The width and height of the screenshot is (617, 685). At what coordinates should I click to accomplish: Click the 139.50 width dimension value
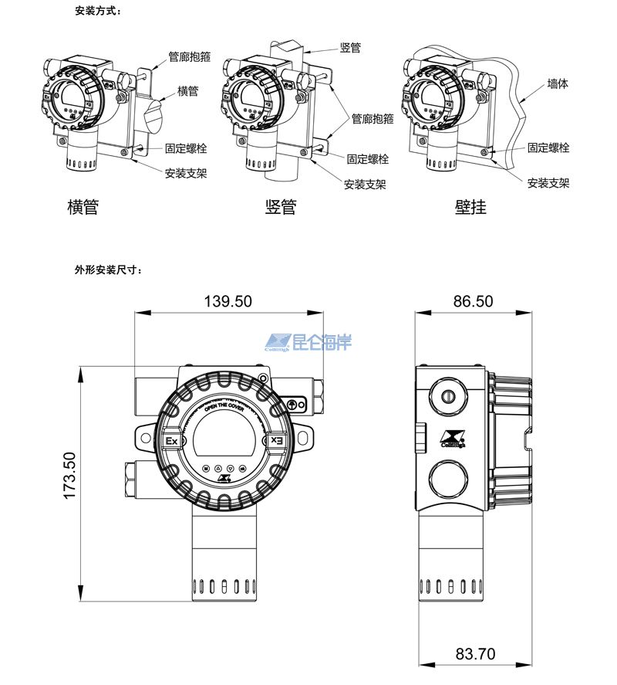228,302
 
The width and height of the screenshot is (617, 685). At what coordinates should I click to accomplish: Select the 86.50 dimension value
473,302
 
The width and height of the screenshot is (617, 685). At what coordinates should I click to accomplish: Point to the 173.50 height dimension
70,476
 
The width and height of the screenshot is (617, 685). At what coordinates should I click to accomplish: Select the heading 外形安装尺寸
108,270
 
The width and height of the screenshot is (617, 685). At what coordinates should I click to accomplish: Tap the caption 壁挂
470,207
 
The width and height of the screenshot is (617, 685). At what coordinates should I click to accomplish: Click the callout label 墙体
558,83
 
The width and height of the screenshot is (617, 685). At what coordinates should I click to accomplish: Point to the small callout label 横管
188,91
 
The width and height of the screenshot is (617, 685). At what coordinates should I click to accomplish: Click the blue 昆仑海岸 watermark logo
308,341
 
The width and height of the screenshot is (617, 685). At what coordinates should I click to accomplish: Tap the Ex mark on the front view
172,441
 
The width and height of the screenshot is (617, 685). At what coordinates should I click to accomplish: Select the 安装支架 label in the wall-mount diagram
548,183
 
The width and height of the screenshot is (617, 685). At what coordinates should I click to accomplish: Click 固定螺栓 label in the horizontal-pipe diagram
186,148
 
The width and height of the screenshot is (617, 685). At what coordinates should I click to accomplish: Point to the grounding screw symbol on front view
293,404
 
